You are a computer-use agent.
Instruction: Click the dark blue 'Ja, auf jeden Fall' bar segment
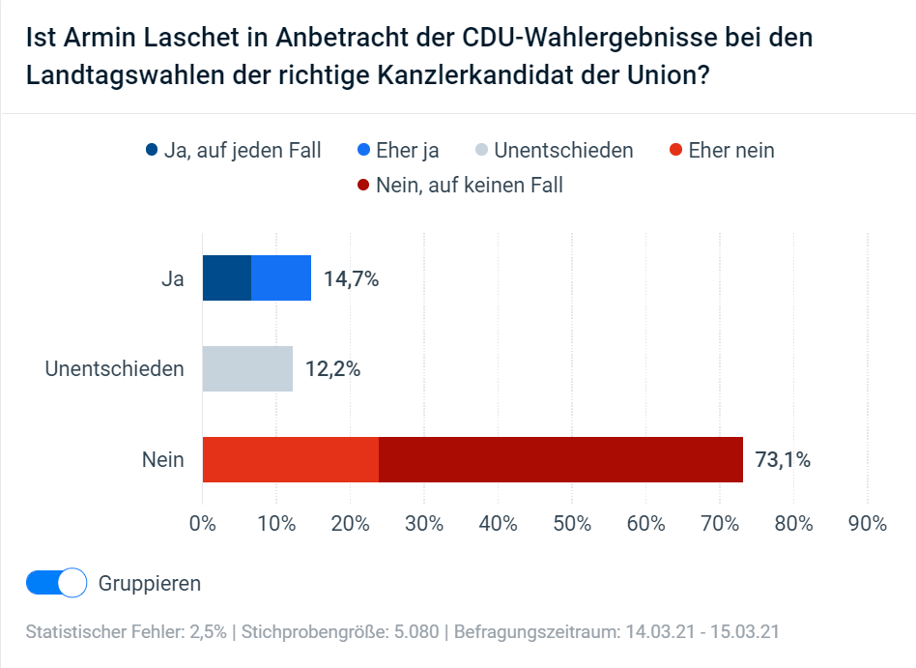227,278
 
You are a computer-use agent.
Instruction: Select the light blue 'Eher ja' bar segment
281,278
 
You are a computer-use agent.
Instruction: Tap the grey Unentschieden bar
247,368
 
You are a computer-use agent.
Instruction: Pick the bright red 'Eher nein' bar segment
290,459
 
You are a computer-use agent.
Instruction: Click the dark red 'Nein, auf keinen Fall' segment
560,459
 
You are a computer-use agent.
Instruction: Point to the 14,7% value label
351,279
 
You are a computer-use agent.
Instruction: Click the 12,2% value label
332,369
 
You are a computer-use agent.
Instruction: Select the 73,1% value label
783,460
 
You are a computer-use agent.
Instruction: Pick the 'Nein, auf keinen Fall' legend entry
459,185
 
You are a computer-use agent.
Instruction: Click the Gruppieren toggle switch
57,583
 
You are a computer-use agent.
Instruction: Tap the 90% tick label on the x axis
867,524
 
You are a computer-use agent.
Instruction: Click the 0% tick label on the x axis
203,524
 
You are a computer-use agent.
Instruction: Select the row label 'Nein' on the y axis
163,460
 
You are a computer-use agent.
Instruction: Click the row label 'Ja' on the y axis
173,279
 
